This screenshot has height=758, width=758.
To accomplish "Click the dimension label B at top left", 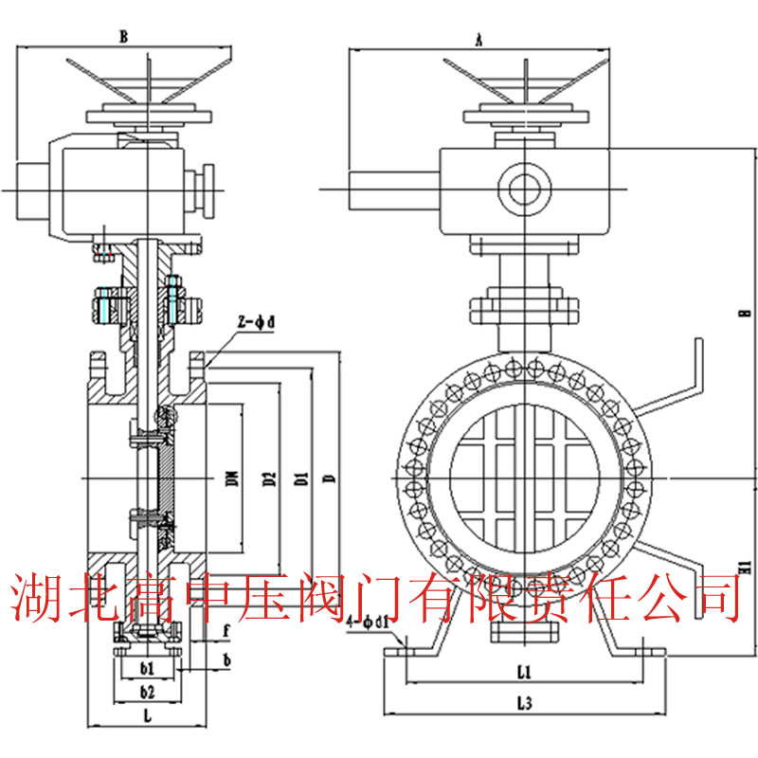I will pyautogui.click(x=123, y=37).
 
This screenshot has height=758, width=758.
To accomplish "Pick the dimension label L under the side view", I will pyautogui.click(x=148, y=717).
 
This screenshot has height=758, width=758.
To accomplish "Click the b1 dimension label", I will pyautogui.click(x=147, y=668).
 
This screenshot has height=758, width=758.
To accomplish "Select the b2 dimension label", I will pyautogui.click(x=147, y=692).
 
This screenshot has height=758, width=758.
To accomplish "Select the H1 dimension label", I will pyautogui.click(x=746, y=568).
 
